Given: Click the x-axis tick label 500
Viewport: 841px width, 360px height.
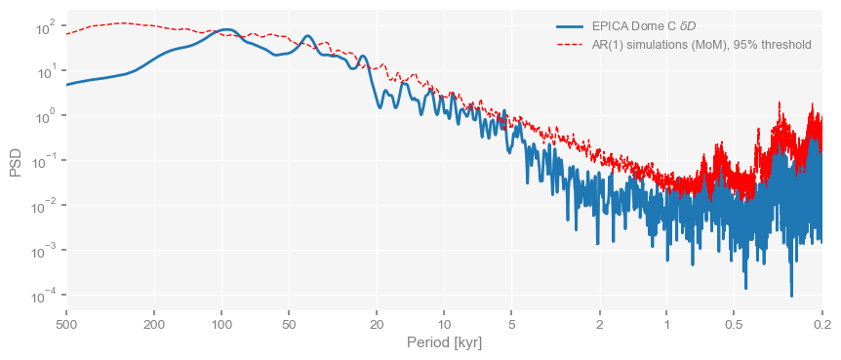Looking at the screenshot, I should pyautogui.click(x=66, y=323).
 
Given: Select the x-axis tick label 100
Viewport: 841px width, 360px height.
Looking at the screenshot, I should pyautogui.click(x=222, y=323).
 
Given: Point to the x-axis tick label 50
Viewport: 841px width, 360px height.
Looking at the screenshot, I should pyautogui.click(x=289, y=323).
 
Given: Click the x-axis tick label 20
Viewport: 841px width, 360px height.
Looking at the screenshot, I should pyautogui.click(x=378, y=323).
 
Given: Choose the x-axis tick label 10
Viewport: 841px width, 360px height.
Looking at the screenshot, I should pyautogui.click(x=444, y=323).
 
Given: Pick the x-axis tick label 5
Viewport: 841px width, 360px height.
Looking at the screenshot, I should pyautogui.click(x=511, y=323).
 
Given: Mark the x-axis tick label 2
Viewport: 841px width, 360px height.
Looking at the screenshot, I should pyautogui.click(x=600, y=323).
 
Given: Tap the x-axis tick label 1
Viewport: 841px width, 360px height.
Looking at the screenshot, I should pyautogui.click(x=666, y=323).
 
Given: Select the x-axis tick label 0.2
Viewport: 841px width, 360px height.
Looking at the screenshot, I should pyautogui.click(x=821, y=323).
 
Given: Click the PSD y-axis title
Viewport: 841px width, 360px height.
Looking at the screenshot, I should pyautogui.click(x=16, y=161).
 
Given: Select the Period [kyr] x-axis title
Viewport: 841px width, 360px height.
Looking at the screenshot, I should pyautogui.click(x=444, y=343).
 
